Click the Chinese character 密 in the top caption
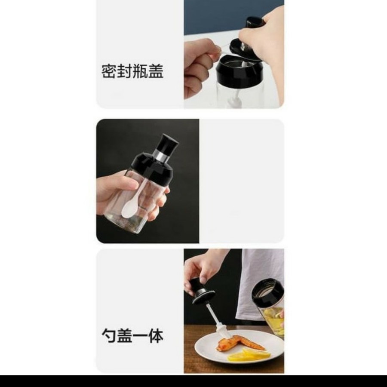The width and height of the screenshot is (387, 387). click(x=109, y=71)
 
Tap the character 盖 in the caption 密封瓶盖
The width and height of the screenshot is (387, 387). click(x=156, y=71)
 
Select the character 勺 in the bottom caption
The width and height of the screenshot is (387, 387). click(x=109, y=335)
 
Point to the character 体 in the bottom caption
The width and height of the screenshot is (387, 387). click(x=156, y=335)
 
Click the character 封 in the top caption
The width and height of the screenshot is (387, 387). click(x=125, y=71)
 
